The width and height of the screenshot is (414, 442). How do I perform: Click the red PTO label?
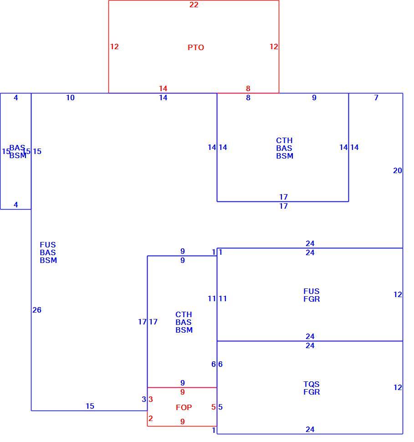[195, 47]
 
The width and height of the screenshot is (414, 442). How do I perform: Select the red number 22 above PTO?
[194, 5]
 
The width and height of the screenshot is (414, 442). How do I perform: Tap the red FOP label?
[184, 407]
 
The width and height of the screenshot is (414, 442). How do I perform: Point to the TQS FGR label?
[312, 388]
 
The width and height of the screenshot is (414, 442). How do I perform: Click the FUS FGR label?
[312, 295]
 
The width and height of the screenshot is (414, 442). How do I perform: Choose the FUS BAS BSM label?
[48, 252]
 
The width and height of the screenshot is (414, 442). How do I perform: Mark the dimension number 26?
[37, 310]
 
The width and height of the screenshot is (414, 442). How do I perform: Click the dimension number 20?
[397, 170]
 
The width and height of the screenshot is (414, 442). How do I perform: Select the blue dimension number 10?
[70, 98]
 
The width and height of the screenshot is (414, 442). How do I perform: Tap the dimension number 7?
[376, 98]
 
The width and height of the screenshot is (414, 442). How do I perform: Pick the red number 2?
[150, 418]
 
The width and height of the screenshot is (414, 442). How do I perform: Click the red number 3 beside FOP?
[151, 399]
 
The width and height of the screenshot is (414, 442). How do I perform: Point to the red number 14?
[163, 88]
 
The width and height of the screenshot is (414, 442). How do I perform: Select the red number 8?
[248, 88]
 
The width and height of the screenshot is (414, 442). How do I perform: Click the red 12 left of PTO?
[114, 46]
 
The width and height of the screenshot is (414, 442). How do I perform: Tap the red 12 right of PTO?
[274, 46]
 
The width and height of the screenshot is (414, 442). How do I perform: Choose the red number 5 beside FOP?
[213, 407]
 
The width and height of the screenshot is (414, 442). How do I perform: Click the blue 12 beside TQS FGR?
[398, 388]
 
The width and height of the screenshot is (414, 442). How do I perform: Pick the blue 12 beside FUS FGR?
[398, 294]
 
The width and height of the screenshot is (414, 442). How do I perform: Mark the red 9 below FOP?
[183, 421]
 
